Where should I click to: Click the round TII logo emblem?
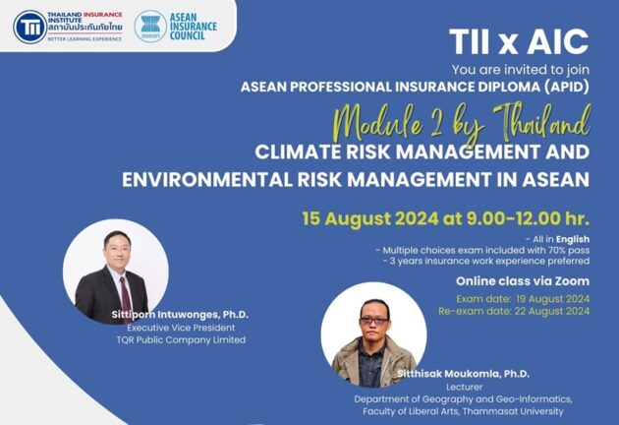point(30,27)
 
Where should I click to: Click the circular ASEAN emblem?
point(150,27)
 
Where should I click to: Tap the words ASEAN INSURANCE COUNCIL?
point(194,27)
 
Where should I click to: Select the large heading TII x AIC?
point(519,41)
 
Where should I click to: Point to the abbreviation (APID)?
point(567,87)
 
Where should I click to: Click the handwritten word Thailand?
point(541,121)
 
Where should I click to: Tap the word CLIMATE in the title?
point(298,152)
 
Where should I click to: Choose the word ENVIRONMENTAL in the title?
point(207,179)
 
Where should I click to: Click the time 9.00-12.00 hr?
point(529,218)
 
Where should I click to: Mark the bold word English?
point(573,239)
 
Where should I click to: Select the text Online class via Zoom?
point(523,281)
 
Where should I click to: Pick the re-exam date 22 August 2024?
point(551,311)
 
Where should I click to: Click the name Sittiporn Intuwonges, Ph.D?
point(180,315)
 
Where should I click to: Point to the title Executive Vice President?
point(181,328)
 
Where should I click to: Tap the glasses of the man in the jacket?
point(373,321)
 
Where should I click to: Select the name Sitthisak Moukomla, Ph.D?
point(463,374)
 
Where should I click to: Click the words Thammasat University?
point(513,411)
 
